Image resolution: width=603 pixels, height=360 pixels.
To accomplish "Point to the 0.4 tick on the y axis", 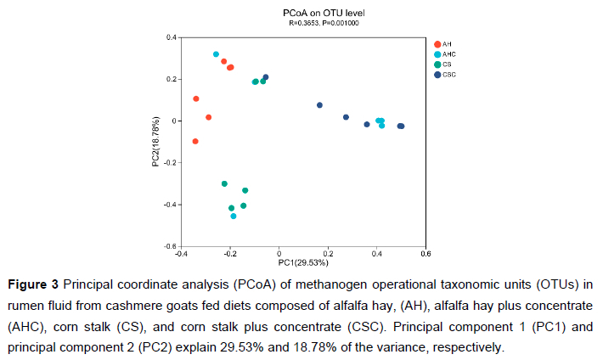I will (171, 37).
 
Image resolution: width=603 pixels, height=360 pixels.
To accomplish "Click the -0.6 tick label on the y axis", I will (170, 246).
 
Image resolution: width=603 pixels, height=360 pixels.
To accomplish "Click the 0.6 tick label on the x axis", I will (426, 253).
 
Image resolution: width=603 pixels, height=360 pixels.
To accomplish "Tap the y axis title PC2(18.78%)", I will (155, 143).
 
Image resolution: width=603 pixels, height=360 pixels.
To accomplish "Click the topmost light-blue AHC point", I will (216, 54).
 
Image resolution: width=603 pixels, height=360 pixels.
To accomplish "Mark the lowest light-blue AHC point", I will (234, 217).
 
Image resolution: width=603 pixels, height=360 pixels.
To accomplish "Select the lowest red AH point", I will (195, 141).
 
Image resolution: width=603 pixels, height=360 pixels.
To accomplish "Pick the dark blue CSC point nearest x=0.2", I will (319, 105).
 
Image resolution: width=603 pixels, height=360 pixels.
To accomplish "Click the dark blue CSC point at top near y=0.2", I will (266, 77).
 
